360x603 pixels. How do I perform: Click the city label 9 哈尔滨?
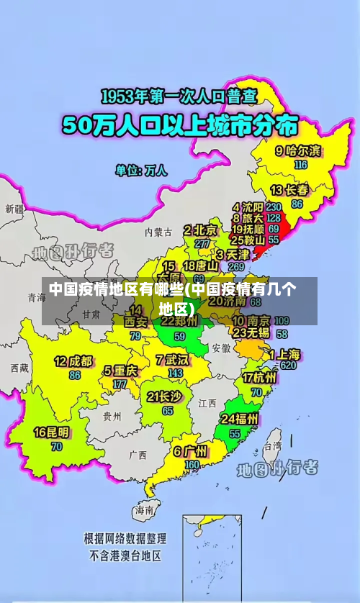coord(298,151)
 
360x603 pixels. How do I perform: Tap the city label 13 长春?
coord(289,191)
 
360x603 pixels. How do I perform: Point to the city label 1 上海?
coord(285,354)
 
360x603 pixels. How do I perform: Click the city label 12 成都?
coord(73,361)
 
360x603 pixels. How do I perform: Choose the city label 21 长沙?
coord(164,396)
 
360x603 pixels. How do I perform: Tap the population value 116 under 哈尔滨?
coord(301,164)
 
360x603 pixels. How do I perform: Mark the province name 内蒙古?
coord(158,232)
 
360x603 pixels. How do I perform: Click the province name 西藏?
coord(19,368)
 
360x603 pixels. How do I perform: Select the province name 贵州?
coord(112,416)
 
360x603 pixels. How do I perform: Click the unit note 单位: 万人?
coord(141,171)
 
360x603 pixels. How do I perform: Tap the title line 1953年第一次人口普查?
coord(179,96)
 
